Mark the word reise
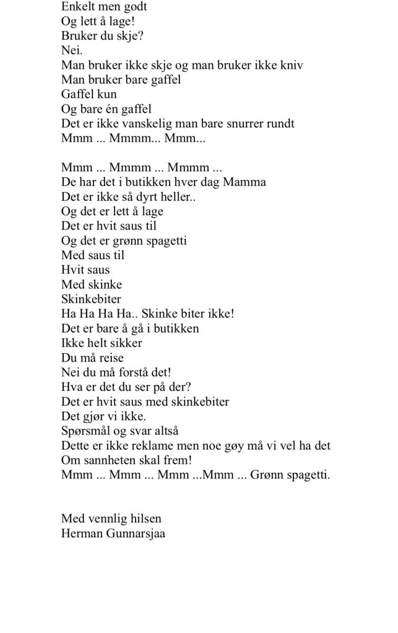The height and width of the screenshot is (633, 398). pyautogui.click(x=109, y=357)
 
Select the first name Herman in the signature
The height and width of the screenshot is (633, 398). pyautogui.click(x=82, y=532)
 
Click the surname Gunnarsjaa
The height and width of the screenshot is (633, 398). pyautogui.click(x=136, y=533)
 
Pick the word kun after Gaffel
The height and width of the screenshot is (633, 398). pyautogui.click(x=106, y=94)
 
